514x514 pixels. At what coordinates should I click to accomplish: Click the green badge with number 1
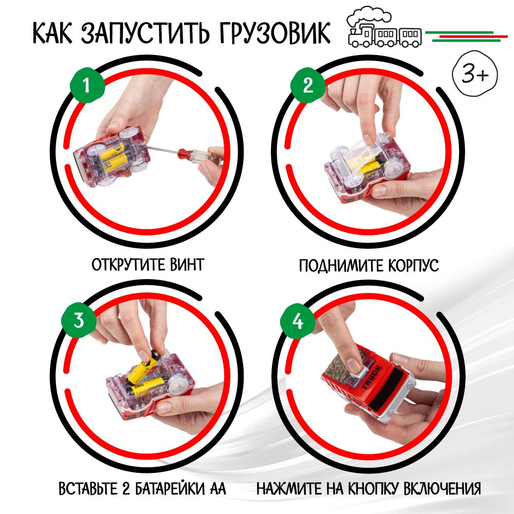tap(87, 85)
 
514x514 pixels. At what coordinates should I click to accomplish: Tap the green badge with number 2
tap(308, 85)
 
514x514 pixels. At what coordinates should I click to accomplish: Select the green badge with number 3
tap(79, 319)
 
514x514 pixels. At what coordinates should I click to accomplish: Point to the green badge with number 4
tap(298, 321)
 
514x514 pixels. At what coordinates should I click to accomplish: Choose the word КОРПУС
tap(413, 266)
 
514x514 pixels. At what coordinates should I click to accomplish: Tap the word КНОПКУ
tap(372, 488)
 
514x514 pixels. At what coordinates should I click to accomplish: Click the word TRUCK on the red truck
tap(372, 377)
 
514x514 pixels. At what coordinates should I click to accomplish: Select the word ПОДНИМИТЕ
tap(341, 266)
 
